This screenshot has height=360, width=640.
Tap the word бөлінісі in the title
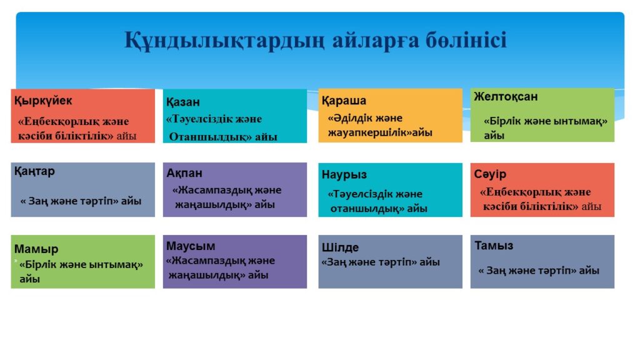pos(466,40)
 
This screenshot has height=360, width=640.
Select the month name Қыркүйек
pos(43,101)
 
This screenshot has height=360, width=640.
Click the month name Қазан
pos(183,102)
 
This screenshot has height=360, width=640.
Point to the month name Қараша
pos(344,101)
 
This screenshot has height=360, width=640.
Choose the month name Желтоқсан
pos(506,96)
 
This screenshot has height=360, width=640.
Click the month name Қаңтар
pos(34,171)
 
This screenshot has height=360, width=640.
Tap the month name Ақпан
pos(184,173)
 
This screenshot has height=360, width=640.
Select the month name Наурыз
pos(344,175)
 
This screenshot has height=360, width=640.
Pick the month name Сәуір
pos(490,174)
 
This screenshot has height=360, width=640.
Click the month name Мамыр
pos(36,249)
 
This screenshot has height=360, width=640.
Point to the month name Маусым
pos(190,246)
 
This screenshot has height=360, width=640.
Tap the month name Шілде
pos(340,247)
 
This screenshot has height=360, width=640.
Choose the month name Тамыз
pos(494,246)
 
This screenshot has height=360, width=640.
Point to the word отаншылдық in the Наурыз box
pos(367,209)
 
